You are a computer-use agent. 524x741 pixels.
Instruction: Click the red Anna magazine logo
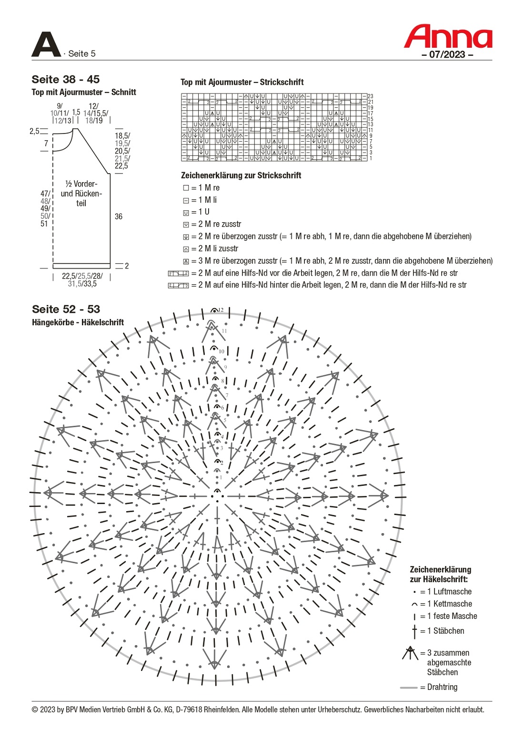pos(448,37)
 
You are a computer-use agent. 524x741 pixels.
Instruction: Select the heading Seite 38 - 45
pos(66,80)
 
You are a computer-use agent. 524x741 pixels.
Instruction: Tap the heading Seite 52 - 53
pos(66,309)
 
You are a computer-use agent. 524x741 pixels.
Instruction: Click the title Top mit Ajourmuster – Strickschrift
pos(242,82)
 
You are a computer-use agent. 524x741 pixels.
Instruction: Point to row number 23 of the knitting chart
pos(371,96)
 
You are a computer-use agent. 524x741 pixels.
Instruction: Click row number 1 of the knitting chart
pos(371,158)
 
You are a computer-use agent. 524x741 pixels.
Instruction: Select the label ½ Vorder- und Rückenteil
pos(81,194)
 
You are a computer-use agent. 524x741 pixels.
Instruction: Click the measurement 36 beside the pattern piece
pos(119,216)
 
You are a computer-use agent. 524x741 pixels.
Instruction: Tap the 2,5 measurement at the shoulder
pos(34,131)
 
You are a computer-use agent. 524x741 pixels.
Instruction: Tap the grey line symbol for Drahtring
pos(409,688)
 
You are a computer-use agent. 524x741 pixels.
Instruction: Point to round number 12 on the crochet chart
pos(221,310)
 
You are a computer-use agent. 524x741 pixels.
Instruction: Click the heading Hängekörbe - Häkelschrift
pos(78,322)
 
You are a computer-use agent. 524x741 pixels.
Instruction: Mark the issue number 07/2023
pos(447,54)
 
